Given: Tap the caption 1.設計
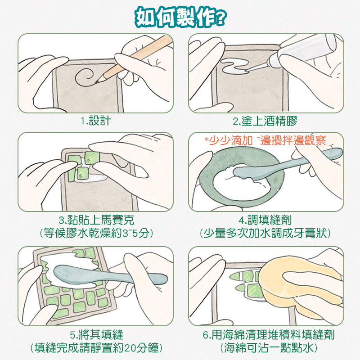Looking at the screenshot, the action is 95,121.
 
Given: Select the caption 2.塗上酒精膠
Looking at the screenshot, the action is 265,121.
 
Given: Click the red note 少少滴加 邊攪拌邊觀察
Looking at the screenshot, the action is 265,140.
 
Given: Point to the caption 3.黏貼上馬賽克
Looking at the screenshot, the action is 96,220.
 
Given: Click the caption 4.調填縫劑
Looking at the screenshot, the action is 265,220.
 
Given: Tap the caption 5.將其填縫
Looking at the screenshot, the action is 96,334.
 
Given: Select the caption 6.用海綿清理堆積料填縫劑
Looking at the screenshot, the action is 269,334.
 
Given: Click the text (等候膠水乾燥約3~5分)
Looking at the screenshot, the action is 96,233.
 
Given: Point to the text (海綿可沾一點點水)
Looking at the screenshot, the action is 269,348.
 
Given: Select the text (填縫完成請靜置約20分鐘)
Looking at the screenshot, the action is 96,348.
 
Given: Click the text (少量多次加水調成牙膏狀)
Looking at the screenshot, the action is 265,233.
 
